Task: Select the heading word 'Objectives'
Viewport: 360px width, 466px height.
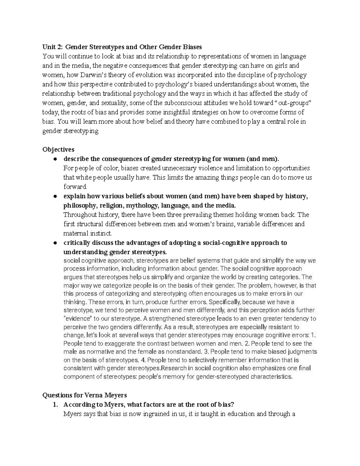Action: click(58, 149)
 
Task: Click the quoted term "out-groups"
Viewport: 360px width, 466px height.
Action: click(293, 103)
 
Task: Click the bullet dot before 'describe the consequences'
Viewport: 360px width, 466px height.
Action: click(55, 159)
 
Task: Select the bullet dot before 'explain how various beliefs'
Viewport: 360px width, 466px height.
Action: click(55, 197)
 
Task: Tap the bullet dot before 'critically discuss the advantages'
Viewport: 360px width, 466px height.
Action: click(55, 243)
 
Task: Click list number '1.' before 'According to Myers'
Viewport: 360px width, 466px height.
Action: click(55, 405)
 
